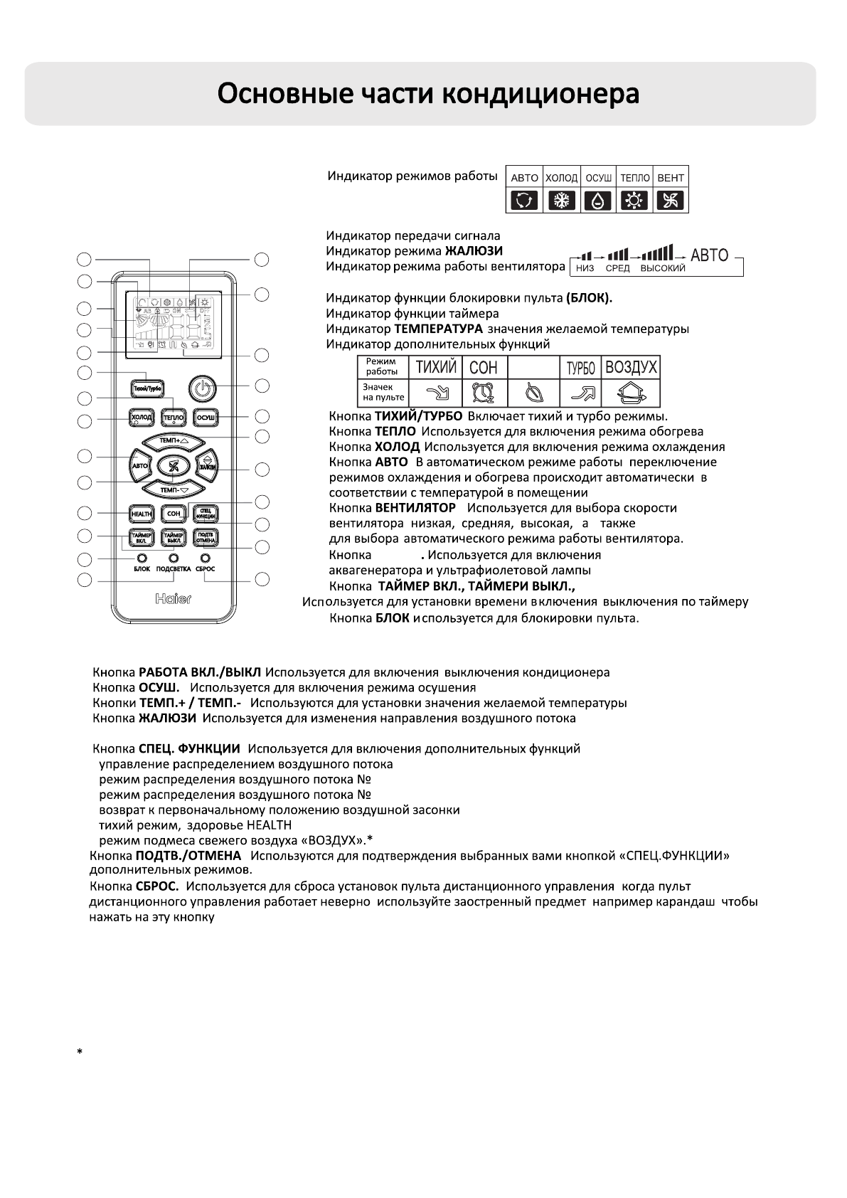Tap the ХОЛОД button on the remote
(140, 417)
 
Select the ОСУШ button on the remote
(206, 417)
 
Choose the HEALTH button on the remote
(140, 513)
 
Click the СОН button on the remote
(173, 513)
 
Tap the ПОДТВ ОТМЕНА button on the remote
(206, 537)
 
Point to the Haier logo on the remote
(173, 599)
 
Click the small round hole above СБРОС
(206, 558)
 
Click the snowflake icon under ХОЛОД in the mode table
(562, 201)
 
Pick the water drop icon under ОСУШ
(598, 201)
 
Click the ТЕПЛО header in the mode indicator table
(634, 178)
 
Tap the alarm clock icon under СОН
(484, 392)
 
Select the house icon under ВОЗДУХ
(630, 392)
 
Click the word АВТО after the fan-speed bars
(709, 255)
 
